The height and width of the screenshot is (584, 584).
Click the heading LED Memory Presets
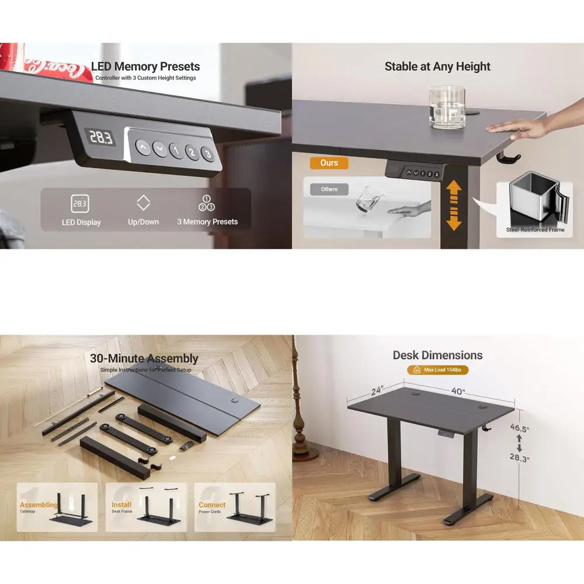tap(145, 67)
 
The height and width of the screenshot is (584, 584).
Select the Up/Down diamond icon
tap(143, 203)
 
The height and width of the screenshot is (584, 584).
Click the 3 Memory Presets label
tap(207, 222)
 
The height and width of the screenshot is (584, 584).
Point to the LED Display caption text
tap(81, 223)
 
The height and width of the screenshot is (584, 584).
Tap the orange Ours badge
tap(329, 163)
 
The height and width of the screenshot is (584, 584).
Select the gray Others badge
tap(329, 189)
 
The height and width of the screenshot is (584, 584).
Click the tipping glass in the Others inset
tap(366, 197)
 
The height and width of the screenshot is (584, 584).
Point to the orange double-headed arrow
tap(454, 206)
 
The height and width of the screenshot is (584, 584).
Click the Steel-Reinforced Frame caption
tap(535, 230)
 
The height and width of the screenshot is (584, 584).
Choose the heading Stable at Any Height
tap(437, 67)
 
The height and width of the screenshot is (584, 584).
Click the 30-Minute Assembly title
tap(144, 359)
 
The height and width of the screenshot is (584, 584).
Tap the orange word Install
tap(121, 505)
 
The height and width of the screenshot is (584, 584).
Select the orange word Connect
tap(212, 505)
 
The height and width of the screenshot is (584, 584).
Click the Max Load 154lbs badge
tap(438, 370)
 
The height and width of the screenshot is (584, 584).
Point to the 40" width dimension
tap(458, 391)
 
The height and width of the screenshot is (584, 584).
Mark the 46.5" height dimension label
tap(519, 429)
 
